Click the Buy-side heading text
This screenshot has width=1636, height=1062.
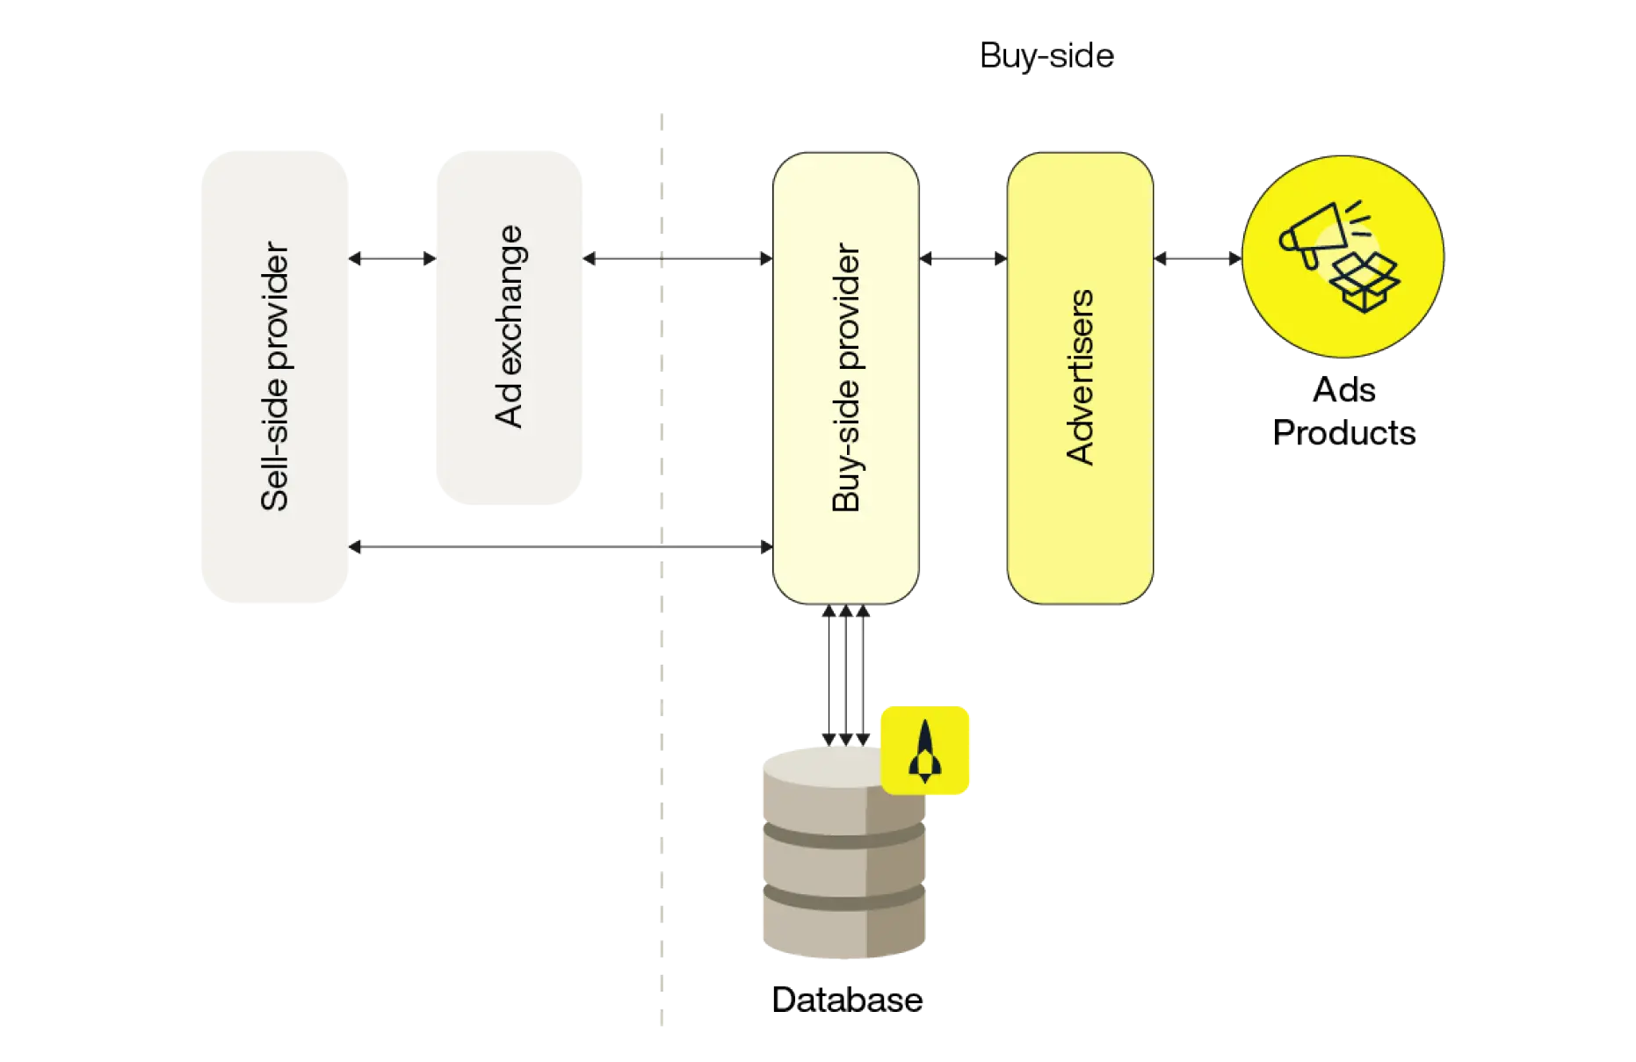(x=1046, y=56)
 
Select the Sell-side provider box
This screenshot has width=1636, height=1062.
(x=275, y=377)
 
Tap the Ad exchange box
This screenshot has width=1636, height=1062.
(x=510, y=328)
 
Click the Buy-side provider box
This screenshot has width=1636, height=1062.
(x=846, y=379)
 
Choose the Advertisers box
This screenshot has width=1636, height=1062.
(x=1080, y=379)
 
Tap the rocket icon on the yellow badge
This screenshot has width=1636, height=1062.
(x=924, y=751)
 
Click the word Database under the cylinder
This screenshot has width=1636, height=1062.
(x=847, y=1000)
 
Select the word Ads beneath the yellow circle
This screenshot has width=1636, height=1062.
(x=1343, y=389)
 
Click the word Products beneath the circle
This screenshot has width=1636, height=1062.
(x=1343, y=432)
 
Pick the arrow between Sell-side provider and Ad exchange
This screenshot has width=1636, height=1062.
(x=392, y=258)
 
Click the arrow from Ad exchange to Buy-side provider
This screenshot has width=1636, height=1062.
(x=677, y=258)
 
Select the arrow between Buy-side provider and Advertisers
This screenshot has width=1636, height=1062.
(x=963, y=258)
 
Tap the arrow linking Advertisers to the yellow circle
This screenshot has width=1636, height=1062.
(x=1198, y=258)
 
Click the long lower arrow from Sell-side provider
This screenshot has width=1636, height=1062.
(x=561, y=546)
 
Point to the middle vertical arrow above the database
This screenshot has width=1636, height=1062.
(x=846, y=675)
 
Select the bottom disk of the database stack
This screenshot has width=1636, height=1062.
(x=844, y=927)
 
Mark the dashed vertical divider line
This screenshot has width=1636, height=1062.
(x=662, y=569)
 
